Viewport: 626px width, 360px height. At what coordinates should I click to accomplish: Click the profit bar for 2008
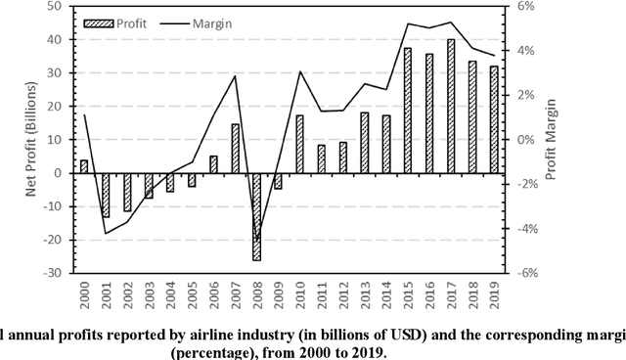pyautogui.click(x=256, y=216)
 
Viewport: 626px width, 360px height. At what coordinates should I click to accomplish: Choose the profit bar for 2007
pyautogui.click(x=235, y=149)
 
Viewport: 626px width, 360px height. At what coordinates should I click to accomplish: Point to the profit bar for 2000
pyautogui.click(x=84, y=166)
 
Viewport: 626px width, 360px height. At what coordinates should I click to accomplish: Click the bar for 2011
pyautogui.click(x=321, y=158)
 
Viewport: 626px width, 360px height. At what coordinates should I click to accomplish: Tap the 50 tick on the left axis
pyautogui.click(x=58, y=7)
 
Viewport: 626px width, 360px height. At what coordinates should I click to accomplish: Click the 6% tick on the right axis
pyautogui.click(x=524, y=7)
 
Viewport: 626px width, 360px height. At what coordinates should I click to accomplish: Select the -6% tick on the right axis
pyautogui.click(x=526, y=273)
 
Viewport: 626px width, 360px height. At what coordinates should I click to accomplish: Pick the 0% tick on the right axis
pyautogui.click(x=524, y=140)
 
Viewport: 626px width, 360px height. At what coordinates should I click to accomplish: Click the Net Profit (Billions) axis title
pyautogui.click(x=32, y=140)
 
